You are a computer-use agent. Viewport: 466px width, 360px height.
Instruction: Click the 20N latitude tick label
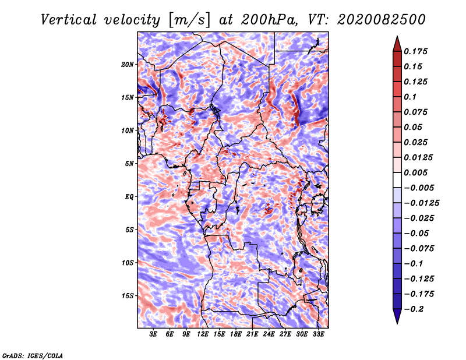(x=127, y=65)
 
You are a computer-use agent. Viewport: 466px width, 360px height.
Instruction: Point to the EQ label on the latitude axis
(x=129, y=197)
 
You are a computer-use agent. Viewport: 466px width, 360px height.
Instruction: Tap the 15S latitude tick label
(x=127, y=296)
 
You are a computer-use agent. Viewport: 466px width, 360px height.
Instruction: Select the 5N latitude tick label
(x=129, y=164)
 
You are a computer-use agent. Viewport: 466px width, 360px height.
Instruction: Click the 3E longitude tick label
(x=153, y=334)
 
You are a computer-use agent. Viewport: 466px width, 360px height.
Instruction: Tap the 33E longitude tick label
(x=318, y=334)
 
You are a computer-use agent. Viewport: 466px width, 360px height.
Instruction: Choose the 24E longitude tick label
(x=269, y=334)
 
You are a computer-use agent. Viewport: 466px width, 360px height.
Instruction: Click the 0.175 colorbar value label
(x=415, y=51)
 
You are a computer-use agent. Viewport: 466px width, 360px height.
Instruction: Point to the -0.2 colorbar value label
(x=414, y=309)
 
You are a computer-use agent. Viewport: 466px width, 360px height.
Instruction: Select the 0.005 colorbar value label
(x=415, y=172)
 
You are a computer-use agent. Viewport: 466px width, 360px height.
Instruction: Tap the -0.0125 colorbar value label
(x=421, y=203)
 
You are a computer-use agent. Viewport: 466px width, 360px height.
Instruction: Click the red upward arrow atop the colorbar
(x=397, y=44)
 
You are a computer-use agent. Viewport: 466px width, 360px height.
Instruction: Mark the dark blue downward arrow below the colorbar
(x=397, y=316)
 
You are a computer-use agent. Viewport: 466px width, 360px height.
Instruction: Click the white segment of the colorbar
(x=397, y=180)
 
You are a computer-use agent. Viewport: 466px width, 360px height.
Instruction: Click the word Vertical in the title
(x=69, y=20)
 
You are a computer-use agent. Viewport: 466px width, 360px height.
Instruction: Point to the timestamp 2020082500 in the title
(x=382, y=20)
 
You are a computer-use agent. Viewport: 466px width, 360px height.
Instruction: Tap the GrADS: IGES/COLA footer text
(x=33, y=355)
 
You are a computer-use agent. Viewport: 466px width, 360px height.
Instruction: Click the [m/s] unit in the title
(x=189, y=20)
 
